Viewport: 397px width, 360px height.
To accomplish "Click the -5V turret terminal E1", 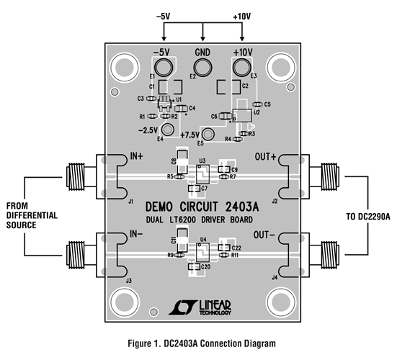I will pyautogui.click(x=164, y=68).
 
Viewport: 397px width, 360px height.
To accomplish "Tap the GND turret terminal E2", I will pyautogui.click(x=202, y=68).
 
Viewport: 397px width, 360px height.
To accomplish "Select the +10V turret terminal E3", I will pyautogui.click(x=242, y=68).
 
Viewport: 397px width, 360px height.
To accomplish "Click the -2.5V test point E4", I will pyautogui.click(x=168, y=130).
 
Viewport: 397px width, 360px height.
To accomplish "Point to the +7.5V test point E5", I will pyautogui.click(x=209, y=135).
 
